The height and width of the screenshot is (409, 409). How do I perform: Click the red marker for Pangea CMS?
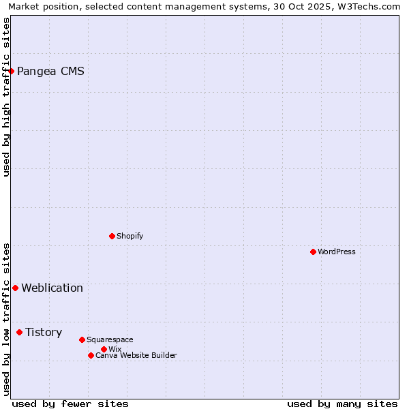point(11,71)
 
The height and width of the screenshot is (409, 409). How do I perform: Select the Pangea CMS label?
point(50,71)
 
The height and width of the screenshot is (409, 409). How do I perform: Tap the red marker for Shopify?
point(112,236)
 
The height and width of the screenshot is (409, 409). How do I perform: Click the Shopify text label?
point(130,236)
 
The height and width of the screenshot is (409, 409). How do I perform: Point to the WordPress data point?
point(313,252)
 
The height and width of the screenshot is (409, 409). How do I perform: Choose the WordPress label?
point(337,252)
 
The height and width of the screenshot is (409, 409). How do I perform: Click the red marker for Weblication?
point(15,288)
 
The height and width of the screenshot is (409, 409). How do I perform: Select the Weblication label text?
point(52,288)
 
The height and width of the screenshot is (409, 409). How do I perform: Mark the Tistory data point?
point(19,332)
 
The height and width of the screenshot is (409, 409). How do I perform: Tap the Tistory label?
point(44,332)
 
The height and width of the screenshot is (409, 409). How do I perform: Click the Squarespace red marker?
point(82,339)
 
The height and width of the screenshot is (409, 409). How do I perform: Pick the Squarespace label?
point(110,339)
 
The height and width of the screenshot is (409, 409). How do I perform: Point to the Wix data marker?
point(104,349)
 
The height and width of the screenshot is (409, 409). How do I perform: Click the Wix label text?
point(115,349)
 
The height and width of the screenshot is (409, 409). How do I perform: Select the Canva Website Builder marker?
point(91,355)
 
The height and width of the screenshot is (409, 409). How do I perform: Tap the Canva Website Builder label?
point(136,355)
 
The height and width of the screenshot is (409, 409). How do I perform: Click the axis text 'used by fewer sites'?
point(70,404)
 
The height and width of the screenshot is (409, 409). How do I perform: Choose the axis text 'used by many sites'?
point(342,404)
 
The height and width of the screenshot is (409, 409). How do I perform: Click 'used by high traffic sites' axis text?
point(7,97)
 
